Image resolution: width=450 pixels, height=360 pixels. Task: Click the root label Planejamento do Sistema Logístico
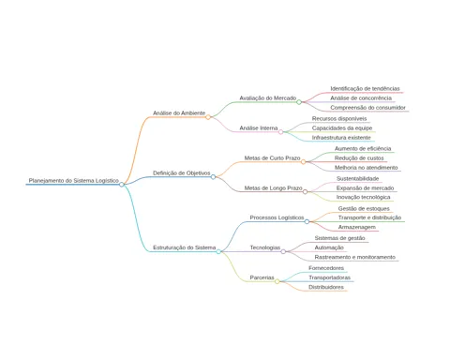tap(74, 181)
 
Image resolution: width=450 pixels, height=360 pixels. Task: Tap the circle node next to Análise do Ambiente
tap(208, 117)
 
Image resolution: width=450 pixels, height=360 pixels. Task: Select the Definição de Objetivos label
tap(182, 173)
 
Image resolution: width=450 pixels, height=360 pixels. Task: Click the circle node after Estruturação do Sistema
tap(218, 251)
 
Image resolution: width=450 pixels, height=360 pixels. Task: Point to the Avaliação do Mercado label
tap(268, 98)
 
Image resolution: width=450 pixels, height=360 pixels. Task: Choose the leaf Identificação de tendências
tap(365, 89)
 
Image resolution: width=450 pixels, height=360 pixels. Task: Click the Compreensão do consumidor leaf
tap(367, 108)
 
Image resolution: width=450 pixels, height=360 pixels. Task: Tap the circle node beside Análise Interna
tap(280, 132)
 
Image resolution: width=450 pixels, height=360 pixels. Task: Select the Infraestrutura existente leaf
tap(341, 138)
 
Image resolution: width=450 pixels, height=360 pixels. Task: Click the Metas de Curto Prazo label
tap(272, 158)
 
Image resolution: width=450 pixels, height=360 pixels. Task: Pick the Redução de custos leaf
tap(359, 158)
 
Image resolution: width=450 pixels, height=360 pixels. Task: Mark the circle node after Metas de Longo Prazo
tap(305, 191)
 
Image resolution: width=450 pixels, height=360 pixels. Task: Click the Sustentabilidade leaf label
tap(357, 179)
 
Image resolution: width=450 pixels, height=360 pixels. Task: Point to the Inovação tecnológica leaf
tap(363, 197)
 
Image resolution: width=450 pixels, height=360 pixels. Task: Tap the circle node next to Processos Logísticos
tap(307, 221)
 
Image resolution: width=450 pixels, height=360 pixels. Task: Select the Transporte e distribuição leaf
tap(369, 217)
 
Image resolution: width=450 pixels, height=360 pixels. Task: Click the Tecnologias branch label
tap(265, 247)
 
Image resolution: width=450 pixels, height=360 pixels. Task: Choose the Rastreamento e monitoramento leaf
tap(355, 257)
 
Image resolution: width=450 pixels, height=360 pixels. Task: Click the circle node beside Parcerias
tap(277, 281)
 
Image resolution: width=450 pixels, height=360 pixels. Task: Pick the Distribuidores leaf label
tap(326, 287)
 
